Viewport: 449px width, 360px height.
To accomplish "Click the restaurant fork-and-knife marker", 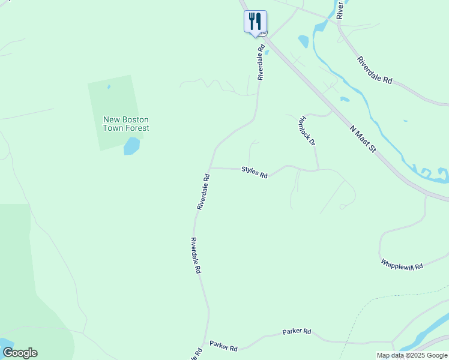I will pyautogui.click(x=255, y=22).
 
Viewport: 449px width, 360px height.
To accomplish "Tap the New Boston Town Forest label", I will pyautogui.click(x=126, y=124).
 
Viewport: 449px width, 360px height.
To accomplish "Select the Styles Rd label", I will pyautogui.click(x=255, y=172).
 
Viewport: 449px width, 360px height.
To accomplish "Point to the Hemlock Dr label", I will pyautogui.click(x=307, y=131).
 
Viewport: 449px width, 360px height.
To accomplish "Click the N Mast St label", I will pyautogui.click(x=363, y=137).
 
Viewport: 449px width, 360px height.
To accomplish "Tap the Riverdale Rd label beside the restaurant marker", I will pyautogui.click(x=261, y=62).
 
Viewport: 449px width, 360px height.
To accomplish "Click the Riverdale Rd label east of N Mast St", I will pyautogui.click(x=374, y=70).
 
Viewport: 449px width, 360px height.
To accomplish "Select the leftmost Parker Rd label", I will pyautogui.click(x=224, y=347).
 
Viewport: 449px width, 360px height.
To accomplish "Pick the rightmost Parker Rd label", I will pyautogui.click(x=297, y=331).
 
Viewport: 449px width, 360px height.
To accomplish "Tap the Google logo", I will pyautogui.click(x=20, y=353).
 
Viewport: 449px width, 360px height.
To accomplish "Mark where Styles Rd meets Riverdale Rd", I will pyautogui.click(x=211, y=168).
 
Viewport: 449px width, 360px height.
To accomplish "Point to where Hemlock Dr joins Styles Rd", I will pyautogui.click(x=318, y=170).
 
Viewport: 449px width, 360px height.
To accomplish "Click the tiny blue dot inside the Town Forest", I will pyautogui.click(x=109, y=87).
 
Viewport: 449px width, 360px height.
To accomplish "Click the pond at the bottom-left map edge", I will pyautogui.click(x=5, y=343).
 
